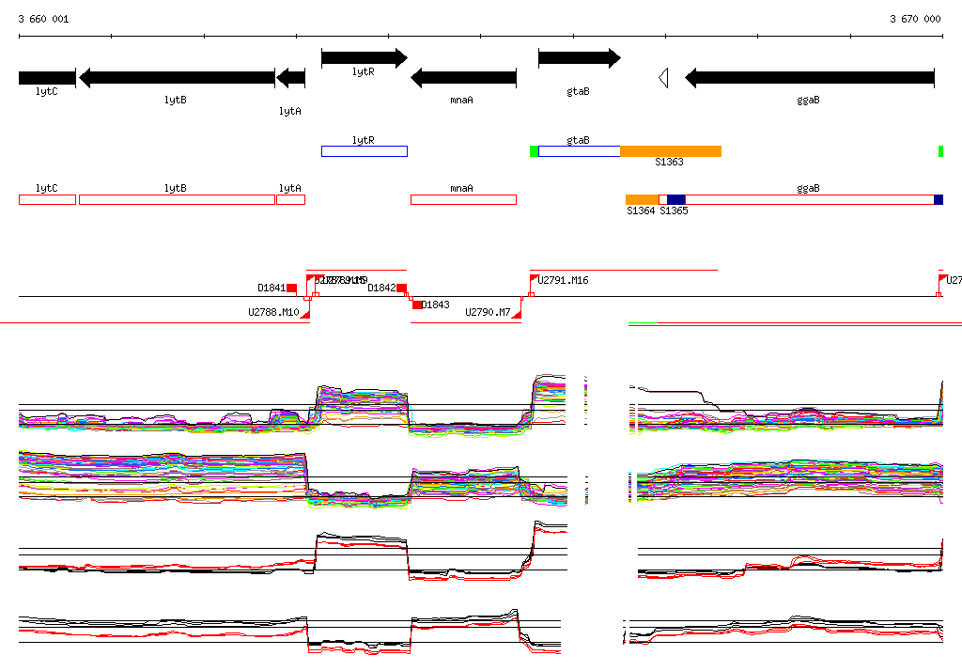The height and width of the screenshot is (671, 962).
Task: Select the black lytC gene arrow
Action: [47, 78]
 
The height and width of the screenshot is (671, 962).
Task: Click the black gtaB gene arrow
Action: [579, 58]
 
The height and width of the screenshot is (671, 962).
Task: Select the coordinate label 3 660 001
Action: [43, 19]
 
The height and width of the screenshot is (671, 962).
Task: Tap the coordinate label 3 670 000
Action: [915, 19]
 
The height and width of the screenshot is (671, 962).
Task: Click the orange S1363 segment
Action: [670, 151]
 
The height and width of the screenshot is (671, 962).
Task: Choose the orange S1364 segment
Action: [642, 199]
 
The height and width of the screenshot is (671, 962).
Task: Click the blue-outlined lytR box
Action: [364, 151]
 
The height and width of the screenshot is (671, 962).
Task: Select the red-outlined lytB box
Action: [177, 199]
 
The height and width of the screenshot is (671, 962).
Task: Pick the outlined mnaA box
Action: [463, 199]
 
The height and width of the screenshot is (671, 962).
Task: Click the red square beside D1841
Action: [292, 288]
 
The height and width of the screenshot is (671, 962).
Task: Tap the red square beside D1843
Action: [417, 304]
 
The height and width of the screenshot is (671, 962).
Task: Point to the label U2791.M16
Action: [564, 280]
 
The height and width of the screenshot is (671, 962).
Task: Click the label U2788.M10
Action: [273, 312]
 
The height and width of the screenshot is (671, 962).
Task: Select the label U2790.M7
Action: [489, 312]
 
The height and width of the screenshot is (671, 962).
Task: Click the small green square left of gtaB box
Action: [534, 151]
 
